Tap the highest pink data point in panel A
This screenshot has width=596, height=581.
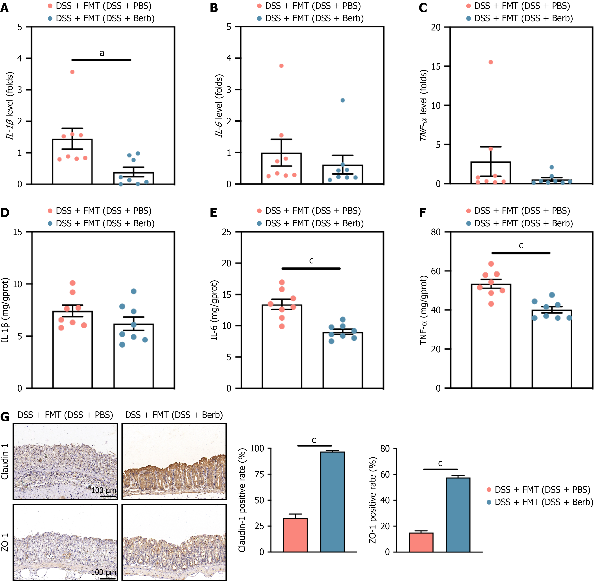pos(72,72)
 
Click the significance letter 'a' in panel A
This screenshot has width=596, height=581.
pos(102,53)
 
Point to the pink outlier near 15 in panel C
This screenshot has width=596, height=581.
pos(491,62)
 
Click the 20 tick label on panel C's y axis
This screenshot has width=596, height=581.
pos(436,27)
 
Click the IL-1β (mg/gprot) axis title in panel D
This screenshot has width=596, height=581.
pos(5,310)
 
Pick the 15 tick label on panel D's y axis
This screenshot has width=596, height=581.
pos(17,232)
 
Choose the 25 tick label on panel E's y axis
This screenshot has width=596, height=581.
pos(226,232)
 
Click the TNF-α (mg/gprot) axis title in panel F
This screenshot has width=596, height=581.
pos(423,310)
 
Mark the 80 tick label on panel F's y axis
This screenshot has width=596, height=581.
pos(436,232)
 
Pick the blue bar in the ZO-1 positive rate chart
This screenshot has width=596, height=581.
pos(458,515)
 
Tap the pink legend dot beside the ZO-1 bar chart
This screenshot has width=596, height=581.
pos(489,490)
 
